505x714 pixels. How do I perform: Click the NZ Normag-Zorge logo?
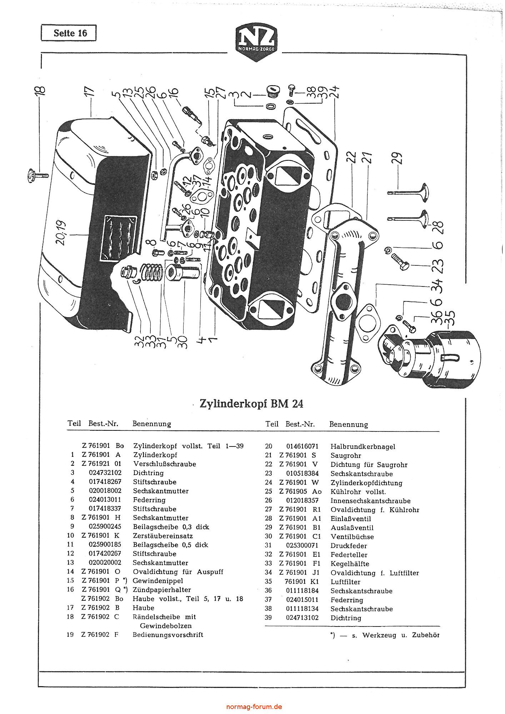(x=255, y=43)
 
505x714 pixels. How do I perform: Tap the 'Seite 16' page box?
(x=69, y=33)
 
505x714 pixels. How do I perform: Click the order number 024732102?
(x=105, y=473)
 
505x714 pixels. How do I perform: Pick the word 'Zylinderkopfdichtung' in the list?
(x=366, y=483)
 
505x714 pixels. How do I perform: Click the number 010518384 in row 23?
(x=302, y=474)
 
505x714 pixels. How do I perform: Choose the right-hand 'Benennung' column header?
(x=349, y=424)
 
